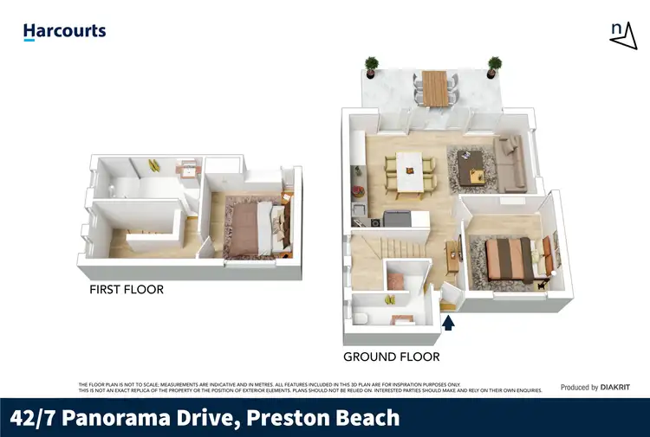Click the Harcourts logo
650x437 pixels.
coord(64,31)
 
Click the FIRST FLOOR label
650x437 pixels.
coord(127,290)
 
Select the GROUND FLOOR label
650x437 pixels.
coord(391,357)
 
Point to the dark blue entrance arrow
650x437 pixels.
coord(449,324)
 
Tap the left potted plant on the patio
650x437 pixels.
coord(371,66)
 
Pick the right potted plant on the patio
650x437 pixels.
coord(495,66)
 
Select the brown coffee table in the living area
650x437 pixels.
coord(473,164)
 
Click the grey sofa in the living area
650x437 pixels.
coord(511,161)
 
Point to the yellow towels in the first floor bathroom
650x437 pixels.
coord(153,164)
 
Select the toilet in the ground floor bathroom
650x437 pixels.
coord(365,318)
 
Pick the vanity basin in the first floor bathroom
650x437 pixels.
coord(188,170)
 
